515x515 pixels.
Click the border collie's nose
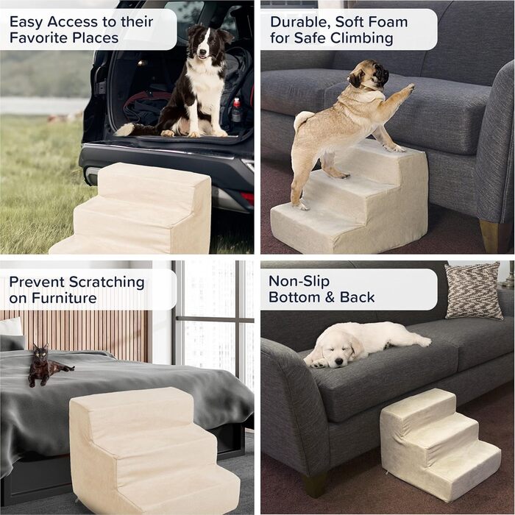pos(203,52)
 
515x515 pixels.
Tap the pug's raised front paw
pos(409,88)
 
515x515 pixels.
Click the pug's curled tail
pos(302,119)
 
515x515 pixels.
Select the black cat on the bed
pos(46,365)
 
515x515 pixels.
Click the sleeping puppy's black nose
pos(339,362)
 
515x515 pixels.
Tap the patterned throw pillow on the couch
pos(473,291)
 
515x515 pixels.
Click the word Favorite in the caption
pos(38,38)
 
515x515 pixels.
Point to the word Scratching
pos(107,283)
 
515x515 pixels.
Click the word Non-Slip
pos(299,281)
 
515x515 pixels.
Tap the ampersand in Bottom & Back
pos(330,297)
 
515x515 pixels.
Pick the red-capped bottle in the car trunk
pos(236,110)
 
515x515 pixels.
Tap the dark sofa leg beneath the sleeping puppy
pos(315,484)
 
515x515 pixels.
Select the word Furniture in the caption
pos(65,298)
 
